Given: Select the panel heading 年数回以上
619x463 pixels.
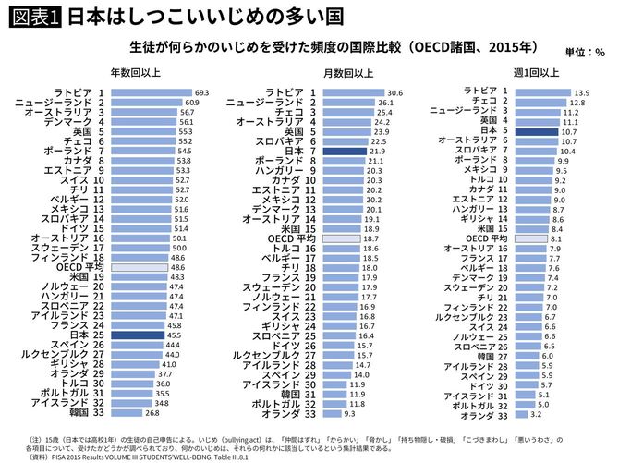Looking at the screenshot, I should click(x=138, y=73).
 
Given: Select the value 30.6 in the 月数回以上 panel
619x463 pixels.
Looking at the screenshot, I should click(x=395, y=93).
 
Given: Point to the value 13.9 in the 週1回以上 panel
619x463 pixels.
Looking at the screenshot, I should click(x=582, y=93).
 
